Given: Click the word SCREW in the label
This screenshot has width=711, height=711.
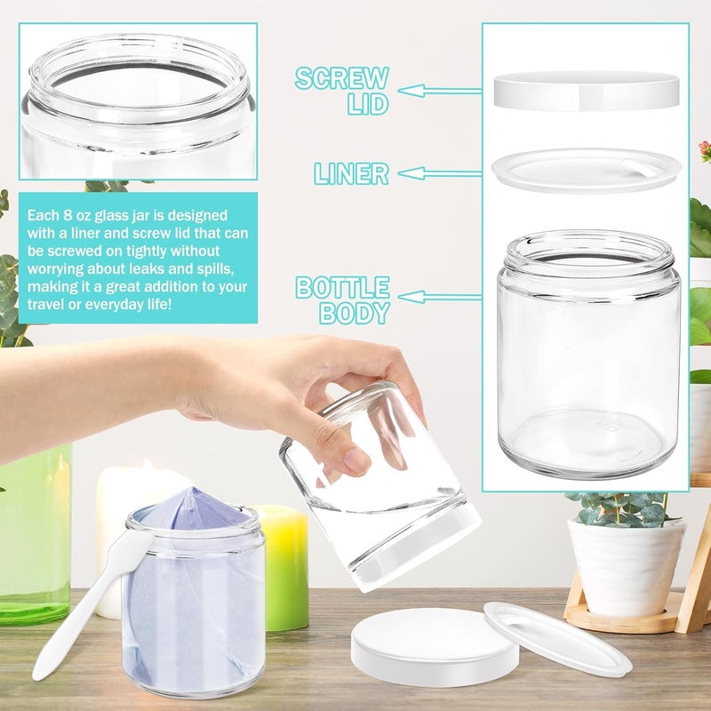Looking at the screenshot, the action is (342, 78).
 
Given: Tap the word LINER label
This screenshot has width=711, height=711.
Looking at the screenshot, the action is (352, 173).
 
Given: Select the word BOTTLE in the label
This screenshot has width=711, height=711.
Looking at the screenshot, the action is (343, 287).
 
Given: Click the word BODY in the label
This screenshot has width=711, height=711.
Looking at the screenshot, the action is (355, 313).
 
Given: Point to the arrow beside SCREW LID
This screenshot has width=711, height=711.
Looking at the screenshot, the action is (439, 91).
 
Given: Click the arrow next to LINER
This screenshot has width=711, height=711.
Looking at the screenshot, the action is (439, 173).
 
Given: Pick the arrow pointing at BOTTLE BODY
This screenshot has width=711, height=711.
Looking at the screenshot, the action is (439, 297).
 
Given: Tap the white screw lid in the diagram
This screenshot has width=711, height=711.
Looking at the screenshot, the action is (587, 91).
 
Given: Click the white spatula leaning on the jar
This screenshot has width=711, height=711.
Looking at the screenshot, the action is (91, 601).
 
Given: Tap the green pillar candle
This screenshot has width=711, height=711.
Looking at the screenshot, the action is (281, 568).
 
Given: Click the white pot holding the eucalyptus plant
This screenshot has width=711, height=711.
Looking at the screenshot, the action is (626, 567).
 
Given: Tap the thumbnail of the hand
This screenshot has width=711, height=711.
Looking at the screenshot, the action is (356, 461).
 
